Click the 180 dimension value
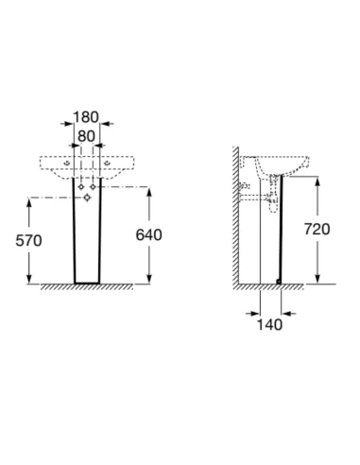(x=86, y=117)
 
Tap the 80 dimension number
(x=86, y=136)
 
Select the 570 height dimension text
(x=28, y=241)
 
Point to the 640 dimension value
(x=148, y=234)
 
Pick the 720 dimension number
(x=317, y=229)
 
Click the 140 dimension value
(x=269, y=324)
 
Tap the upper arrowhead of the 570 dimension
(x=29, y=204)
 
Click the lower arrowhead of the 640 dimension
(x=149, y=278)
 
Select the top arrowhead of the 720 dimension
(x=317, y=182)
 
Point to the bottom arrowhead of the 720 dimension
(x=317, y=278)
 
